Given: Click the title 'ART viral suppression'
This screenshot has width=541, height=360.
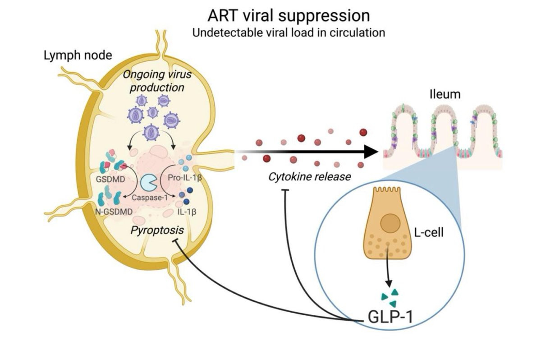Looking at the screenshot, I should click(x=289, y=16).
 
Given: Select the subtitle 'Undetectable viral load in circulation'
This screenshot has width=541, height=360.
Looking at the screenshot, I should click(x=289, y=33).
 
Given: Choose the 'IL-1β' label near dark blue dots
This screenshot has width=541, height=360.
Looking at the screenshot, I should click(x=188, y=211).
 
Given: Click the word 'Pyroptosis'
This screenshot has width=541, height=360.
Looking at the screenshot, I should click(x=156, y=230).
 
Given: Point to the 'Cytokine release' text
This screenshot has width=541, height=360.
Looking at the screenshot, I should click(x=309, y=176).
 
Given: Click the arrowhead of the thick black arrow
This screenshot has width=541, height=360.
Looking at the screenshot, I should click(x=370, y=152).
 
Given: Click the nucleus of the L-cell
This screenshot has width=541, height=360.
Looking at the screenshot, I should click(x=390, y=223).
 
